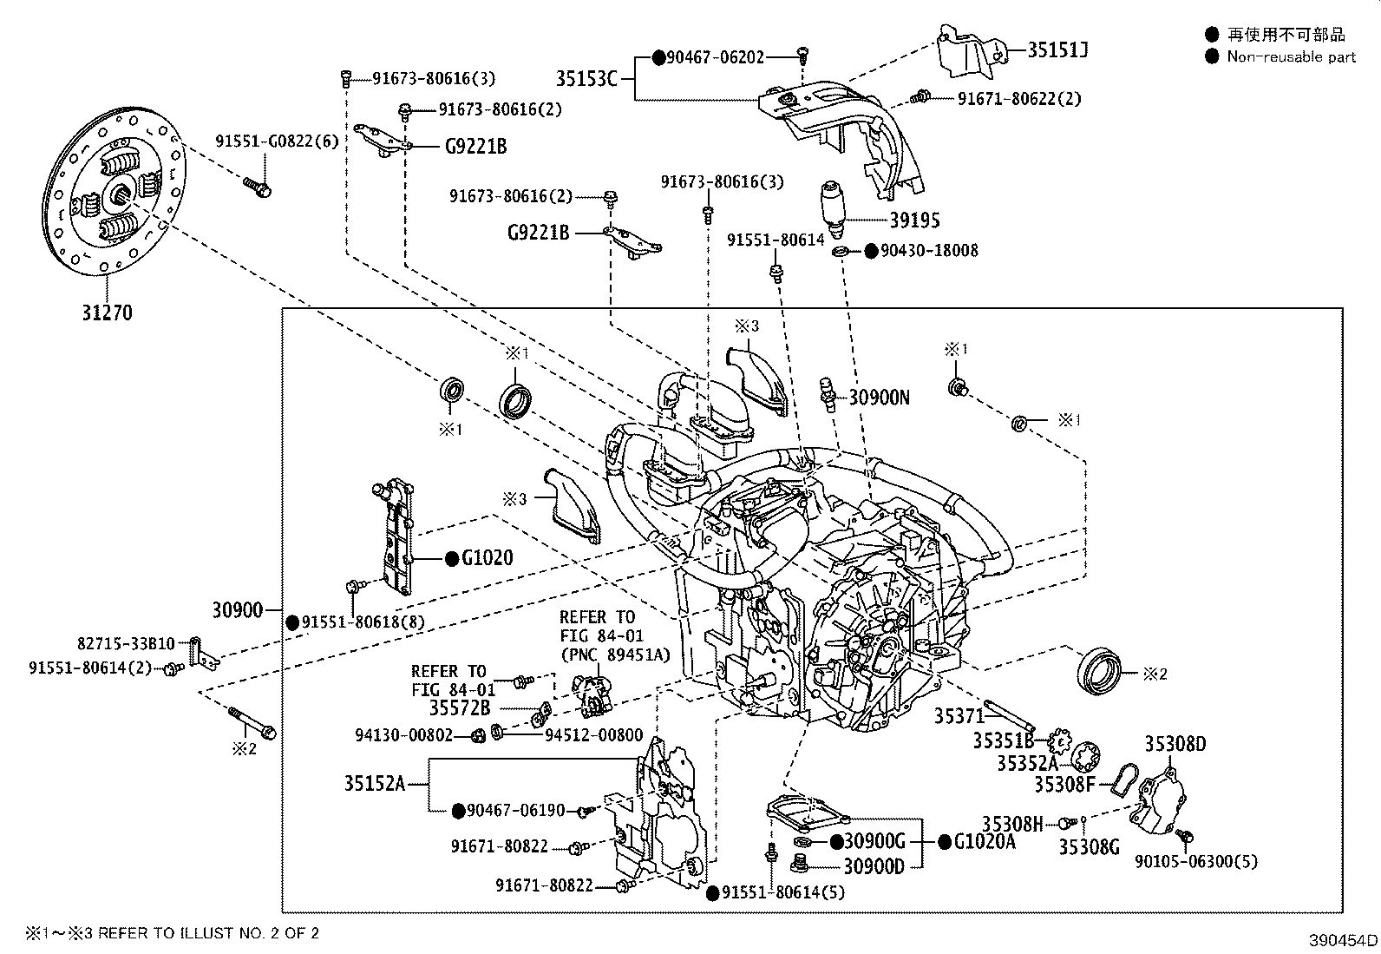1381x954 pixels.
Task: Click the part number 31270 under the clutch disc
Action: tap(107, 313)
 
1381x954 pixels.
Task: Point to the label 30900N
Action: tap(879, 398)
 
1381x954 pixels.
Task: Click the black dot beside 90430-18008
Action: tap(870, 251)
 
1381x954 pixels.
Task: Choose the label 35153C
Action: tap(586, 79)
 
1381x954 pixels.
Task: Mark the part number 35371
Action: tap(959, 716)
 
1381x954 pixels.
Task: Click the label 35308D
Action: tap(1175, 744)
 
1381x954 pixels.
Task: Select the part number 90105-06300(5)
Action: tap(1195, 861)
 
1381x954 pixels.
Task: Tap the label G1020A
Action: tap(984, 841)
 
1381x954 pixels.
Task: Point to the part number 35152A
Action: tap(374, 784)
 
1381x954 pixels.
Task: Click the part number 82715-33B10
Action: tap(126, 644)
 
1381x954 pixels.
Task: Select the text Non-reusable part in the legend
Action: tap(1290, 56)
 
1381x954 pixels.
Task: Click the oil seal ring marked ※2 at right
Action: tap(1099, 672)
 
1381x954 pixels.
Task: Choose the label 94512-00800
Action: tap(593, 735)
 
